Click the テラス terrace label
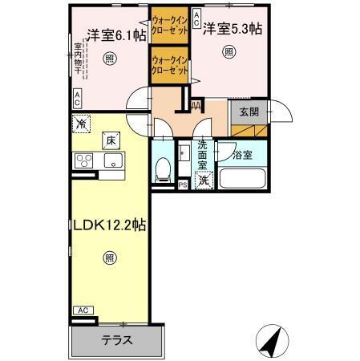coord(117,340)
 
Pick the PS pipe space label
coord(183,185)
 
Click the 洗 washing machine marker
coord(204,180)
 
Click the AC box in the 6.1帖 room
coord(77,99)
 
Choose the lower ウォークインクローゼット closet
coord(169,65)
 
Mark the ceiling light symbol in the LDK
coord(109,258)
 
